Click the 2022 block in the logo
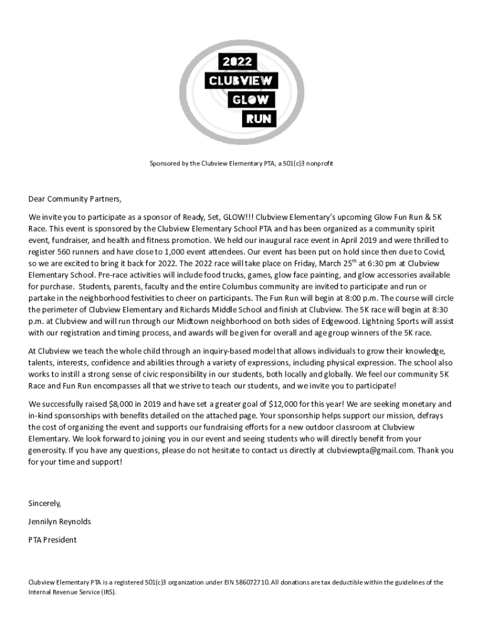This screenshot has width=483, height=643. pyautogui.click(x=236, y=62)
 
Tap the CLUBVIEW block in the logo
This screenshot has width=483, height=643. pyautogui.click(x=242, y=81)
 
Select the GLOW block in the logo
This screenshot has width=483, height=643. pyautogui.click(x=251, y=99)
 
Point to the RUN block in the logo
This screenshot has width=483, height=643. pyautogui.click(x=257, y=117)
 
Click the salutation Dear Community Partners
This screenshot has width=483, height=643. pyautogui.click(x=75, y=199)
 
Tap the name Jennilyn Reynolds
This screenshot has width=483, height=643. pyautogui.click(x=60, y=521)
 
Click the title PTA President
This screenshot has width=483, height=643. pyautogui.click(x=53, y=539)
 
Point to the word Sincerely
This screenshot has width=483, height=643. pyautogui.click(x=45, y=503)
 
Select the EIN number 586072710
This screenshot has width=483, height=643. pyautogui.click(x=251, y=582)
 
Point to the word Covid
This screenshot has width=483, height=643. pyautogui.click(x=433, y=251)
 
